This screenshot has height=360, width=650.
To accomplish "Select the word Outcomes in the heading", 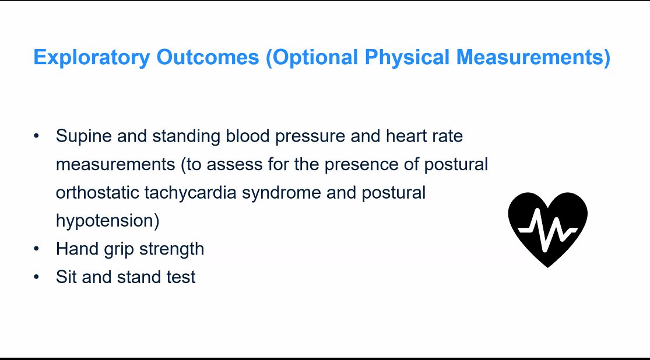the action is coord(208,57).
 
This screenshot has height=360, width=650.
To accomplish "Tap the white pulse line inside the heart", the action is coord(547,229).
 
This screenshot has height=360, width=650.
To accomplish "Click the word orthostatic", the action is coord(97,193).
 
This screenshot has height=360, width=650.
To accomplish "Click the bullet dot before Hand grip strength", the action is coord(37,249).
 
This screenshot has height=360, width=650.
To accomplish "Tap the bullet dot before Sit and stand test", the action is coord(37,277).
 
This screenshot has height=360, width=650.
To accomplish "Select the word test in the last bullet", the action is coord(181,277).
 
